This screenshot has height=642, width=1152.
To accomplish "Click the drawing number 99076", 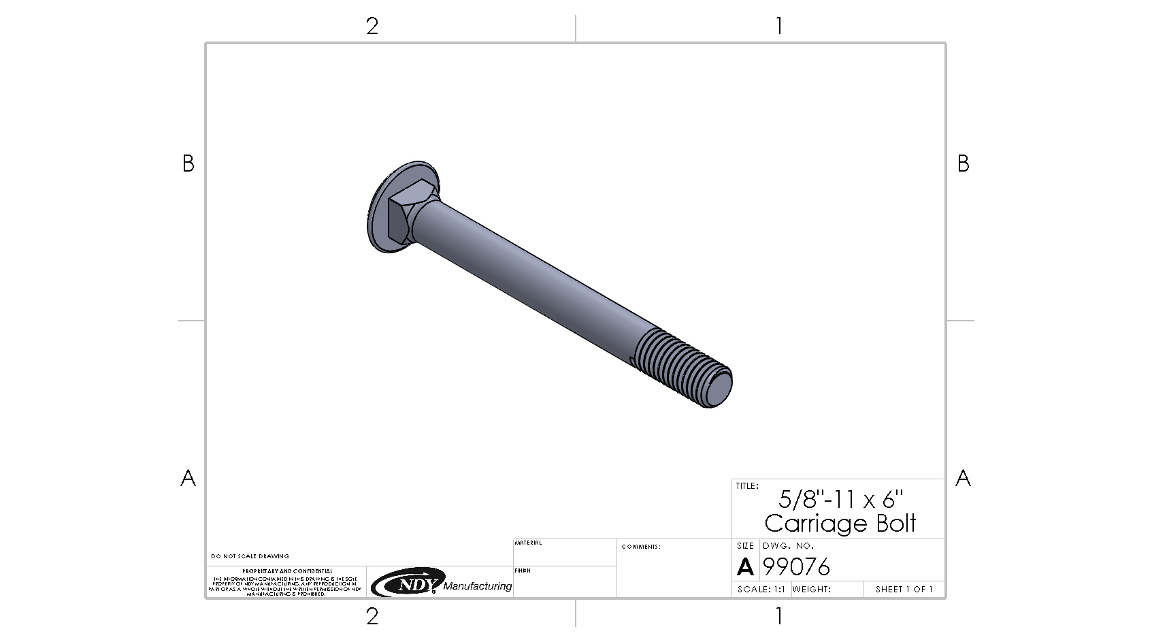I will click(797, 567).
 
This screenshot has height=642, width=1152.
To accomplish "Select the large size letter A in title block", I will click(745, 567).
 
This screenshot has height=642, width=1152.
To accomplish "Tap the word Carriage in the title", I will click(808, 524).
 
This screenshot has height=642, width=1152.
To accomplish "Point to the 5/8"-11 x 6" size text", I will click(840, 500).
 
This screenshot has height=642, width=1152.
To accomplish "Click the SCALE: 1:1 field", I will click(761, 590).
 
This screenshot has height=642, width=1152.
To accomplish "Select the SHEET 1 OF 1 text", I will click(904, 590).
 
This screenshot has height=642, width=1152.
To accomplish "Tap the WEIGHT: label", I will click(811, 590).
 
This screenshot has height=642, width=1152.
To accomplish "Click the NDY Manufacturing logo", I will click(441, 583).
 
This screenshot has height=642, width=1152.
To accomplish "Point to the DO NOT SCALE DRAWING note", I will click(250, 556).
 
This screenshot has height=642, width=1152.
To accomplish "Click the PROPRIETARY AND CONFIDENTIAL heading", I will click(287, 571).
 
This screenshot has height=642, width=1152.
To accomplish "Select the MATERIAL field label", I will click(528, 543).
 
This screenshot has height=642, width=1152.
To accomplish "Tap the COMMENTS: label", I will click(640, 547).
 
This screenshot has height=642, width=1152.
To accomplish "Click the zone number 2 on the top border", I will click(372, 27).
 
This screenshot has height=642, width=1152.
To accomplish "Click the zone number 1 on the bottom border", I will click(778, 616).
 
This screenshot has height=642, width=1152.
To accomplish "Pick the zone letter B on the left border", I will click(188, 163).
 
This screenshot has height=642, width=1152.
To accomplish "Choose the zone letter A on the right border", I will click(962, 478).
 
